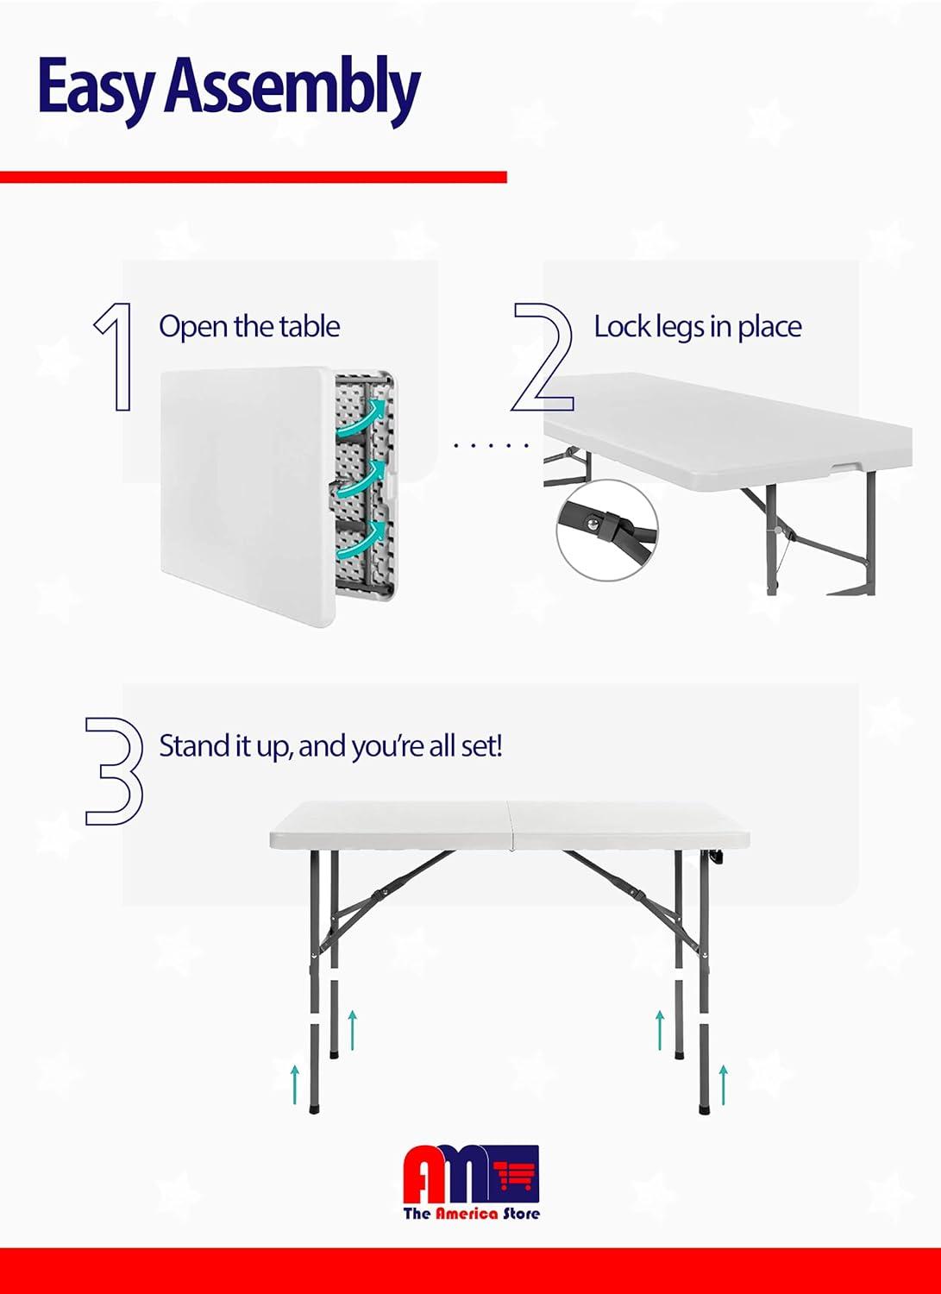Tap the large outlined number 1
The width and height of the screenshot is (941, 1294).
115,355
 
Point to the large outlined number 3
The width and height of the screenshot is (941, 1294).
114,770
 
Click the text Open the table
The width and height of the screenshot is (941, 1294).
249,327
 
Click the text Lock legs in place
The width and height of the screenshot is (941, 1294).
697,327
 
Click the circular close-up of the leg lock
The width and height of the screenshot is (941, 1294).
606,531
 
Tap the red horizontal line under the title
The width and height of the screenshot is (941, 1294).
253,177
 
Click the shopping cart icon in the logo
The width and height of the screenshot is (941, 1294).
517,1173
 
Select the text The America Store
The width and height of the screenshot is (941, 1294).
471,1213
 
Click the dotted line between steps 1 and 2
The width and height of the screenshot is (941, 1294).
491,445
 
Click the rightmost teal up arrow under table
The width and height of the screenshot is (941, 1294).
723,1084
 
